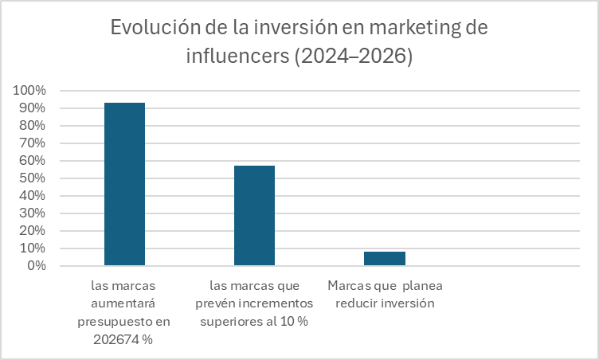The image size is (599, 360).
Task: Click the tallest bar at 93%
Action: tap(124, 184)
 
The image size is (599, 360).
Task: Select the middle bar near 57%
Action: tap(254, 215)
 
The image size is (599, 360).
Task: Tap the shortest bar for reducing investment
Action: tap(384, 258)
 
